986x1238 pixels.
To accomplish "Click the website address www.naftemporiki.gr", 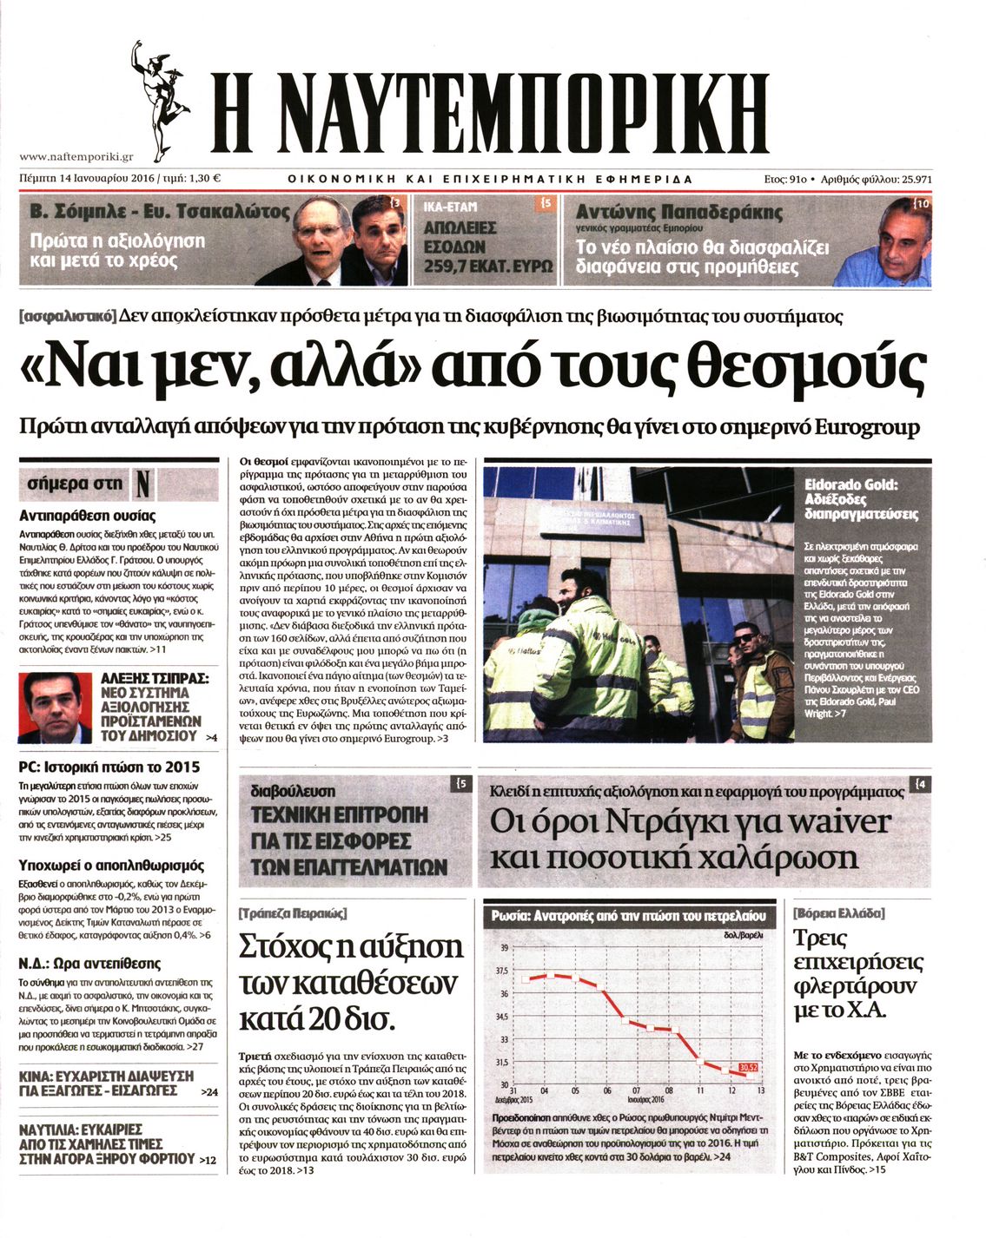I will coord(76,157).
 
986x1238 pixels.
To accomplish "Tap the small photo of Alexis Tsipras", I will coord(55,708).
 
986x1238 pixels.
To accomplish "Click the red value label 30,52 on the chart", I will coord(748,1067).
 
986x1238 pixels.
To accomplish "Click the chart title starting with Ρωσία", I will coord(628,916).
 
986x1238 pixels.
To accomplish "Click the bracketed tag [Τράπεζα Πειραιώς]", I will coord(293,913).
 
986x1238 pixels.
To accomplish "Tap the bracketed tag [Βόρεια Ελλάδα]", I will coord(838,913).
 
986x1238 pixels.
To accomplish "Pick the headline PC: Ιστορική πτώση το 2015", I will coord(109,767).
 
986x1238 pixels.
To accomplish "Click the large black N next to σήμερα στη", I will coord(143,484).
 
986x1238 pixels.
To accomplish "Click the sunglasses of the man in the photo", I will coord(745,639).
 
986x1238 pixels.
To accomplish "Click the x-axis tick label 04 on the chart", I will coord(545,1090).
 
